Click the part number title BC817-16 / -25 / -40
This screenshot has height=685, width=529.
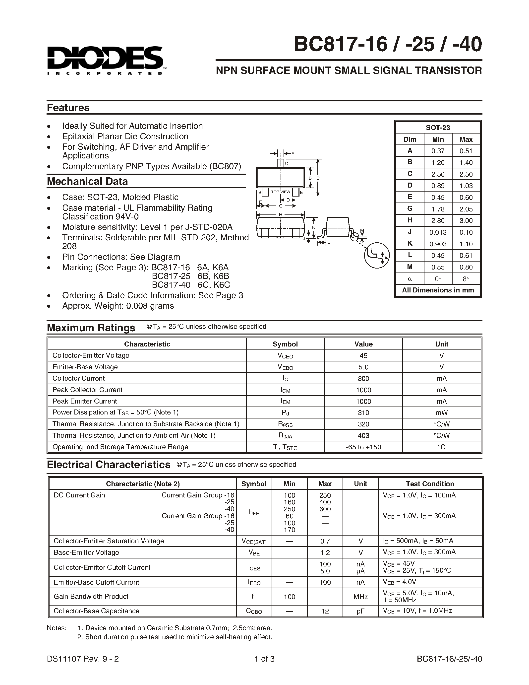click(x=388, y=45)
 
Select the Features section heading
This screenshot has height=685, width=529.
click(x=68, y=108)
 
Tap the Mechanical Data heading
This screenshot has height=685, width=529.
click(x=87, y=181)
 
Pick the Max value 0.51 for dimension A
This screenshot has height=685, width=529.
click(x=466, y=151)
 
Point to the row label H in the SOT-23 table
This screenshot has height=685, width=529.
click(x=410, y=220)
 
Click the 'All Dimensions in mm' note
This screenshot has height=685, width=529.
click(x=438, y=290)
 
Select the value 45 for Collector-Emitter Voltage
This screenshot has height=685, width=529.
click(x=363, y=356)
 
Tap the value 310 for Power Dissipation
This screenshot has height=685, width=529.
click(x=363, y=413)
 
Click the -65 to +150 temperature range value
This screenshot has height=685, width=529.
click(x=363, y=447)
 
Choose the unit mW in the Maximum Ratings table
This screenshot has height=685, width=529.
click(x=441, y=413)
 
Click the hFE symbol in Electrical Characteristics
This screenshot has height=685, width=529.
click(x=254, y=512)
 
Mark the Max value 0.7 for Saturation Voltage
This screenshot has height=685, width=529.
click(x=325, y=541)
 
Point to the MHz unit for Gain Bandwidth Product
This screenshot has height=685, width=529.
click(x=360, y=597)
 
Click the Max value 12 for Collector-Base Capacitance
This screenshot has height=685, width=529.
click(x=325, y=611)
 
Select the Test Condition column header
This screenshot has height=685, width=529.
click(x=430, y=484)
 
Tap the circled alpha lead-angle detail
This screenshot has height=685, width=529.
click(x=377, y=255)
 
